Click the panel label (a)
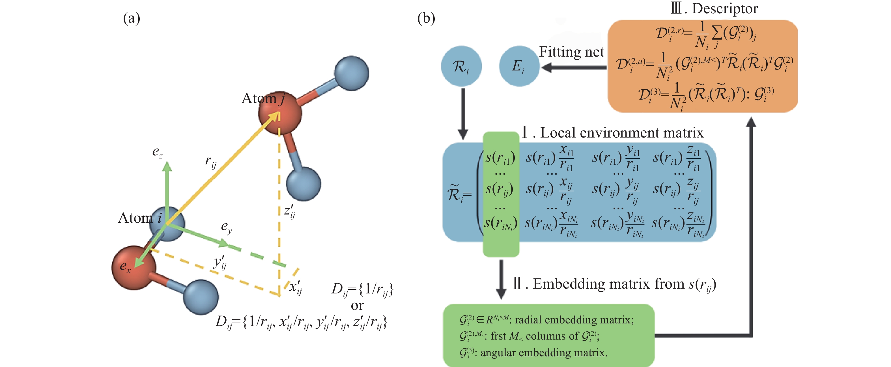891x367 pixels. (x=132, y=18)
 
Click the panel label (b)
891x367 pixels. (x=426, y=18)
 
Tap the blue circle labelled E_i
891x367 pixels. (x=519, y=66)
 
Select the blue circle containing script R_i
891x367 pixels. (x=461, y=66)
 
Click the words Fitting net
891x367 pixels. (x=571, y=52)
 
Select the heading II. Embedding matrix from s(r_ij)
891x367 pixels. (x=614, y=284)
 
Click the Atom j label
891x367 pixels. (x=263, y=98)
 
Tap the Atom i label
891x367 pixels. (x=140, y=218)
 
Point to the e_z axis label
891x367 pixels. (x=157, y=152)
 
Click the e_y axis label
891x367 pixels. (x=227, y=227)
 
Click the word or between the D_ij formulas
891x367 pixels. (x=357, y=305)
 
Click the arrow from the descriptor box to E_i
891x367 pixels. (x=574, y=67)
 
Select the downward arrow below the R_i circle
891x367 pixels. (x=463, y=114)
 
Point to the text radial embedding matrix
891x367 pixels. (x=574, y=320)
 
